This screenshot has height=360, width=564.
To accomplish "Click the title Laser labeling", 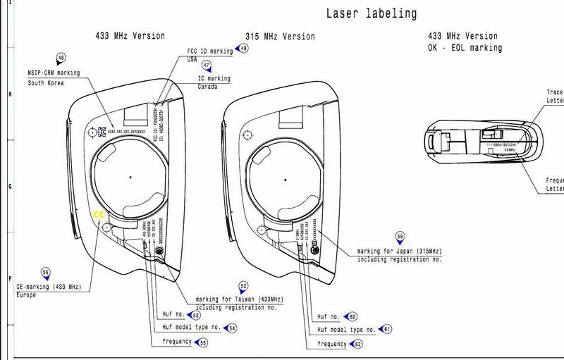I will (x=371, y=13).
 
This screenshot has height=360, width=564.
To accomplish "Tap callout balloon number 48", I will (x=61, y=59).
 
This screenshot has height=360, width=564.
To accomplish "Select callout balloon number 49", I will (x=243, y=49).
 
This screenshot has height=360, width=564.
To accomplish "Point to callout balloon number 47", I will (x=206, y=65).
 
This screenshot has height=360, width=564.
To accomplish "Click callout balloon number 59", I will (x=400, y=237).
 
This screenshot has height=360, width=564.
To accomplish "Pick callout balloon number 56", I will (x=46, y=273).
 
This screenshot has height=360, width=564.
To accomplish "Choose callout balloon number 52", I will (x=243, y=287).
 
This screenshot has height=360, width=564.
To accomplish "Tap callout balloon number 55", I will (x=203, y=343).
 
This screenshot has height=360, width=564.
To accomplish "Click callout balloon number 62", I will (x=358, y=344).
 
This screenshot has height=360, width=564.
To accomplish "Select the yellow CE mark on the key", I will (x=99, y=215).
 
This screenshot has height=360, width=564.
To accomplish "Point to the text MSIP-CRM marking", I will (x=54, y=73).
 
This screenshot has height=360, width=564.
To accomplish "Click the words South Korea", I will (x=47, y=83).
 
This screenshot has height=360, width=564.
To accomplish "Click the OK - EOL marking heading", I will (x=465, y=48).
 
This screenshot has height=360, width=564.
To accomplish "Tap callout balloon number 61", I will (x=387, y=329).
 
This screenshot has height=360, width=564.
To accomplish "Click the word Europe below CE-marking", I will (x=26, y=295).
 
